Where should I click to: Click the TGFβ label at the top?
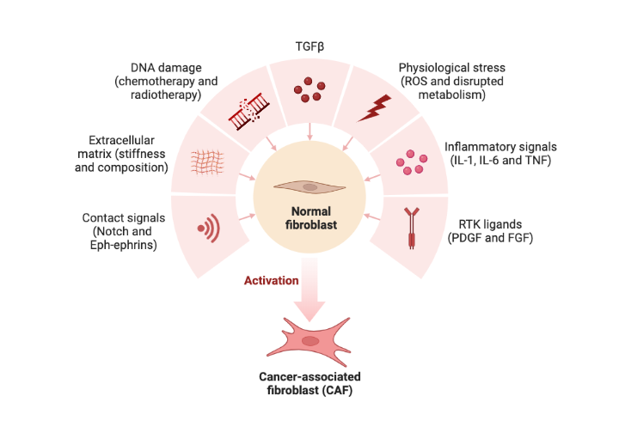pos(309,46)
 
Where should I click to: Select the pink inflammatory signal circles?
pos(408,161)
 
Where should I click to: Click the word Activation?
pos(272,280)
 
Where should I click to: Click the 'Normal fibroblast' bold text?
pos(309,219)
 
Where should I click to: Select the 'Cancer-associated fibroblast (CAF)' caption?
pos(309,383)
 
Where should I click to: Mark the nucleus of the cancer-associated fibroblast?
pos(310,341)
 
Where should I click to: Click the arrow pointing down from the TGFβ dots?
pos(309,129)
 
